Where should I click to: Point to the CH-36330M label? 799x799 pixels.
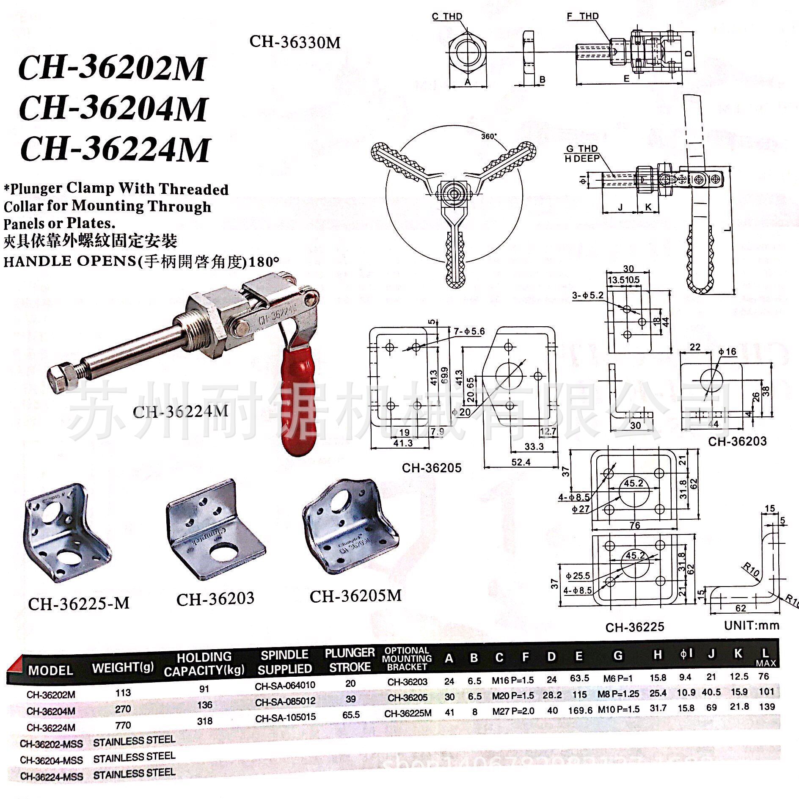coord(295,42)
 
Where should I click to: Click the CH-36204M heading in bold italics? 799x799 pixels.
coord(113,109)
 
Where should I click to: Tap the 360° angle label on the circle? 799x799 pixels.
coord(489,137)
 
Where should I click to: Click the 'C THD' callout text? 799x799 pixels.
coord(447,17)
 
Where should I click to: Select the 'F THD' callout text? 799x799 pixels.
coord(583,16)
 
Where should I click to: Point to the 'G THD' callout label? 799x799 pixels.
coord(582,149)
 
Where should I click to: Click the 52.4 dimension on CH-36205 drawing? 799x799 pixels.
coord(521,462)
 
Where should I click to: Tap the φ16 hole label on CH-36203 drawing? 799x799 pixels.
coord(727,351)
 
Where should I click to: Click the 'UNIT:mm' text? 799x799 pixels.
coord(751,625)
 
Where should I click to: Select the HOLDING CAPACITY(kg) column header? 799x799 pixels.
coord(204,664)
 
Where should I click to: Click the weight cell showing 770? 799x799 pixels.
coord(123,725)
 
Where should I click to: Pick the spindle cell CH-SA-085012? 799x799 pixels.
coord(285,701)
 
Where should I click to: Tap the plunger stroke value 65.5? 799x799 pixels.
coord(351,715)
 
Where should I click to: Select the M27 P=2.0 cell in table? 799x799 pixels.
coord(513,711)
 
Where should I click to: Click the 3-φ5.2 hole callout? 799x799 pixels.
coord(588,295)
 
